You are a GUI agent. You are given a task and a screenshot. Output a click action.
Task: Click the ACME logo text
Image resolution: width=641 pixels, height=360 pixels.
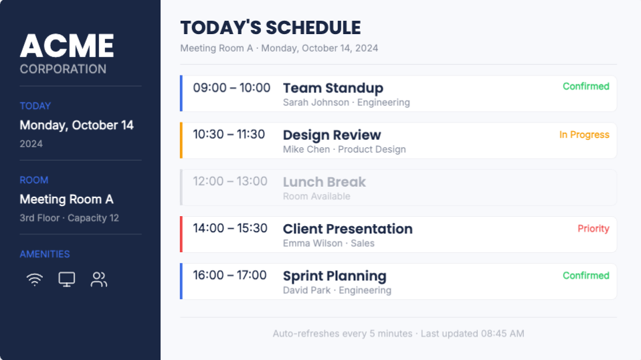[x=67, y=46]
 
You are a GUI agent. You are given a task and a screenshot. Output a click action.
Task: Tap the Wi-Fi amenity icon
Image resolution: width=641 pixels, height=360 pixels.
[x=35, y=280]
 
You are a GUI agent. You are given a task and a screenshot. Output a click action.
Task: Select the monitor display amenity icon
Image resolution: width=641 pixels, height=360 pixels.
[x=67, y=280]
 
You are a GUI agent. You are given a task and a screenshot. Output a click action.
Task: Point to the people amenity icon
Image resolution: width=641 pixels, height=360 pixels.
[x=99, y=280]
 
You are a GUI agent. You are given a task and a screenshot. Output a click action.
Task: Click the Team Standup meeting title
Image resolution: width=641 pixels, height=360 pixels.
[x=333, y=88]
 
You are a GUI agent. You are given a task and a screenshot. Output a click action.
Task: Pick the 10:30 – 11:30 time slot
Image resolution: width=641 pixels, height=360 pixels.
[x=229, y=134]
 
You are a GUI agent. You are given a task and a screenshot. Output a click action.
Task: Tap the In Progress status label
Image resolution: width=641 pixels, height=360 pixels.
[x=584, y=135]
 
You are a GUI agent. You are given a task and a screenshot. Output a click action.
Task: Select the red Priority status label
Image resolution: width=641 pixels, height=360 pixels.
[x=593, y=228]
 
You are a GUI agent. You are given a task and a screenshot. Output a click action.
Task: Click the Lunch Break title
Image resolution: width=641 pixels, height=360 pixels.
[x=324, y=182]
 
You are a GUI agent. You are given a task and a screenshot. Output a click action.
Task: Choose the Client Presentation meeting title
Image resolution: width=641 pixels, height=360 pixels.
[x=347, y=229]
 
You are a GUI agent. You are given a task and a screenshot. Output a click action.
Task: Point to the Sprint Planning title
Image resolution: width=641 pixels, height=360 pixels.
[x=335, y=276]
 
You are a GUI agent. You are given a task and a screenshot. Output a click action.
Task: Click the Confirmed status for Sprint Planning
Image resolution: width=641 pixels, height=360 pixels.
[x=586, y=276]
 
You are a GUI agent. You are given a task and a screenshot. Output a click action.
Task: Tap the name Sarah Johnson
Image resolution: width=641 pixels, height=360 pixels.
[x=316, y=102]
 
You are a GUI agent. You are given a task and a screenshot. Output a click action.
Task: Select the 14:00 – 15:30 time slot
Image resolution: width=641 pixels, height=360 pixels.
[x=230, y=228]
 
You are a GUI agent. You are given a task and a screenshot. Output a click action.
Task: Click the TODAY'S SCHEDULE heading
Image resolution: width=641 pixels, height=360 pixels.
[x=270, y=28]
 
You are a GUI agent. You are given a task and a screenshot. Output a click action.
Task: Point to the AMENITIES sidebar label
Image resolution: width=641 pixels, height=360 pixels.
[x=45, y=254]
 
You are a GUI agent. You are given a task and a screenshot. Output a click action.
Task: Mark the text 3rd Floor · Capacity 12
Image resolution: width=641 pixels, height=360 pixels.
[x=69, y=217]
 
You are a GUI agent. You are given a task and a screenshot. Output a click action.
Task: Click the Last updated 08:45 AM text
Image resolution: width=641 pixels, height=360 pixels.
[x=472, y=333]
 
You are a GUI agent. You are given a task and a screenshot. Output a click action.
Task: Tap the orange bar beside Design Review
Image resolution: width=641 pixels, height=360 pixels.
[x=181, y=141]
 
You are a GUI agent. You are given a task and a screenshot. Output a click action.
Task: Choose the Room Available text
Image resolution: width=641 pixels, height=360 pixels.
[x=316, y=197]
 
